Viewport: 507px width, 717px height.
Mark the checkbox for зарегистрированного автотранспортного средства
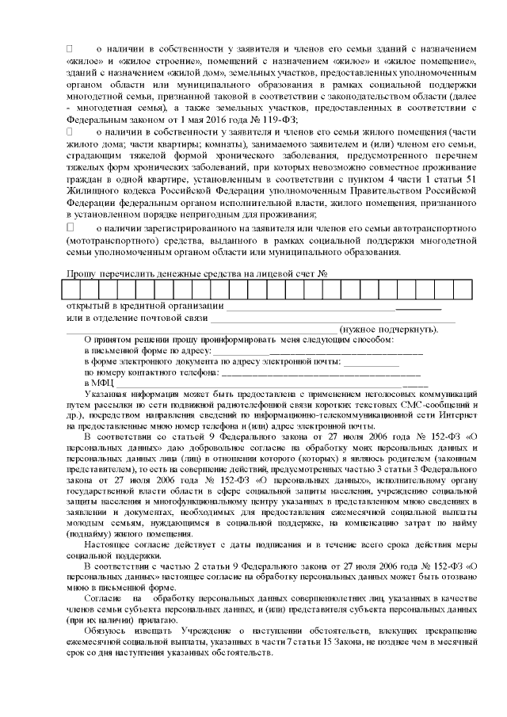point(69,227)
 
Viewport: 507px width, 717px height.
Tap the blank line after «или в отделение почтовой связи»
point(333,318)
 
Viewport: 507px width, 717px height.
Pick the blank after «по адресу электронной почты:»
point(372,361)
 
